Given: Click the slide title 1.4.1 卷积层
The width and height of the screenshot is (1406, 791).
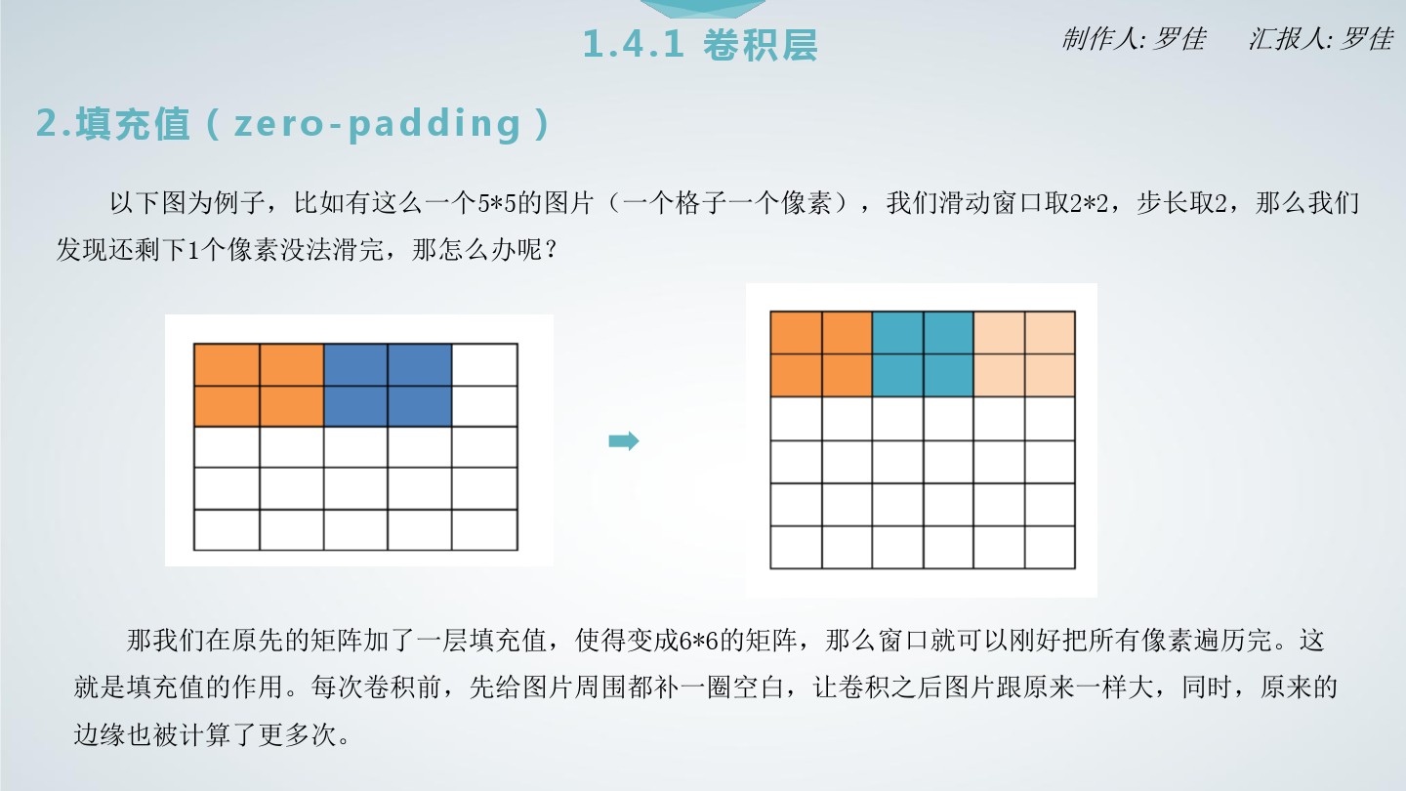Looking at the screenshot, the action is (x=700, y=45).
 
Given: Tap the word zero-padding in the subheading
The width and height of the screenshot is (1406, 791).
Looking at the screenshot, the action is (x=377, y=124).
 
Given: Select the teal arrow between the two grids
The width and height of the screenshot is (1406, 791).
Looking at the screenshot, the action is (x=624, y=440).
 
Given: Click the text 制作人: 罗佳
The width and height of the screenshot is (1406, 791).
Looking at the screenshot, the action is (x=1134, y=39).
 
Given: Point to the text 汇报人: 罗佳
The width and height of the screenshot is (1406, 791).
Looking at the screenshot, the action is (x=1321, y=39).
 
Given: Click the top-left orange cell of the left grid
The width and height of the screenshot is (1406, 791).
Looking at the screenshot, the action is (x=227, y=365).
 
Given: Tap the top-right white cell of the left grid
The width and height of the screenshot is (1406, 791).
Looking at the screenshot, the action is (x=484, y=365).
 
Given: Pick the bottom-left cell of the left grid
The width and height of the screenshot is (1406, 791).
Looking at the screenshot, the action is (x=227, y=530).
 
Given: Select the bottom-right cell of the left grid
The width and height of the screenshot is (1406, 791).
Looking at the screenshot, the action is (x=484, y=530).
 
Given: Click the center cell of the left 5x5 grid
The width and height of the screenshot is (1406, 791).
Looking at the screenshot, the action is (x=355, y=447).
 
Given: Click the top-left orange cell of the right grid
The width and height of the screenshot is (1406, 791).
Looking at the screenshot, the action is (x=796, y=333).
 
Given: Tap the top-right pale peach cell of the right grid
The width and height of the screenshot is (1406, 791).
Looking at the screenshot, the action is (x=1051, y=333).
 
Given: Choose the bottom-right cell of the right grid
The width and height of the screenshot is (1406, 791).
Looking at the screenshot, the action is (x=1051, y=548).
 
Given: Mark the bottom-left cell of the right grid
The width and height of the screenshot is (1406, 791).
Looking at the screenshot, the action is (x=796, y=548).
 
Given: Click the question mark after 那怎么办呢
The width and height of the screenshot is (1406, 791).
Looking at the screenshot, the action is (x=551, y=250).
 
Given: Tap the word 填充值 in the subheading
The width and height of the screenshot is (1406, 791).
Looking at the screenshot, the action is (x=133, y=124).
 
